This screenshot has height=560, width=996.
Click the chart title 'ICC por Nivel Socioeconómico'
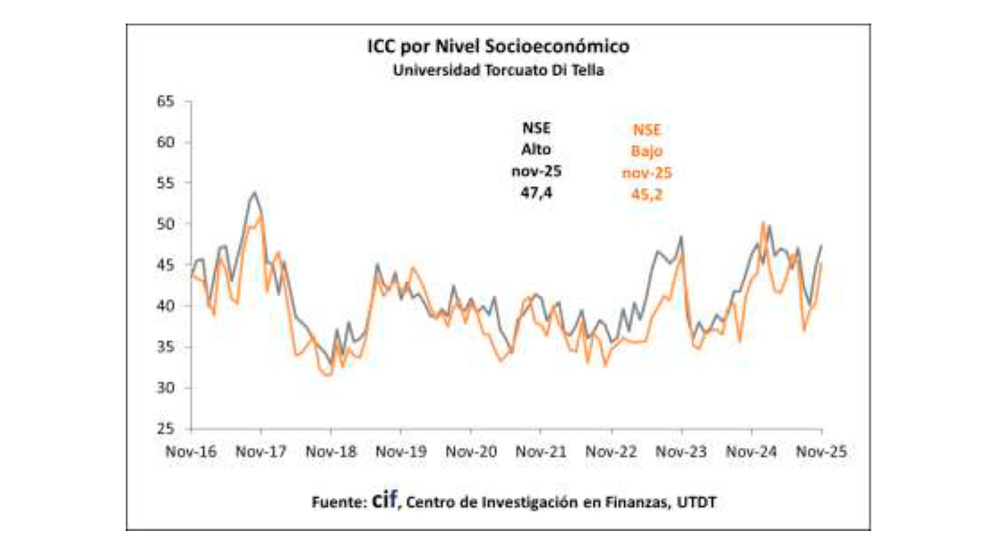pos(498,46)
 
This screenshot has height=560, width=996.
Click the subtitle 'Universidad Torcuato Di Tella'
pos(498,70)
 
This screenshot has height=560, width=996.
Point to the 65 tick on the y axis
pos(165,101)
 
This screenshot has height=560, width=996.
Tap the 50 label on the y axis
pos(165,224)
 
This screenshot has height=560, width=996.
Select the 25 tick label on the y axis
pos(165,429)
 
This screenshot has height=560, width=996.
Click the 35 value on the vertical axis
pos(165,347)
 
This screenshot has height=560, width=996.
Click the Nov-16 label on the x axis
pos(191,452)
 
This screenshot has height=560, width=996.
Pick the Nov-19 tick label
pos(401,452)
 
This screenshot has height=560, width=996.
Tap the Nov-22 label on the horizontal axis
pos(611,452)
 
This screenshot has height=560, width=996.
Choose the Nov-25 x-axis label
pos(821,452)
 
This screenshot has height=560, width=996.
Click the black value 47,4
pos(536,193)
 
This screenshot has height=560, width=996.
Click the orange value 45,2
pos(647,194)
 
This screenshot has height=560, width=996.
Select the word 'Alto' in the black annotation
pos(536,149)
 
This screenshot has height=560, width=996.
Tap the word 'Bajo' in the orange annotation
pos(647,151)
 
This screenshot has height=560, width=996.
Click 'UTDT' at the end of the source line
pos(697,502)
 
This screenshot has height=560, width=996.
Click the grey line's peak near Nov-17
pos(254,192)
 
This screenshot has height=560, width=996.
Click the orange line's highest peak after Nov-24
pos(763,223)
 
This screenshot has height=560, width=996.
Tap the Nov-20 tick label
pos(471,452)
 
